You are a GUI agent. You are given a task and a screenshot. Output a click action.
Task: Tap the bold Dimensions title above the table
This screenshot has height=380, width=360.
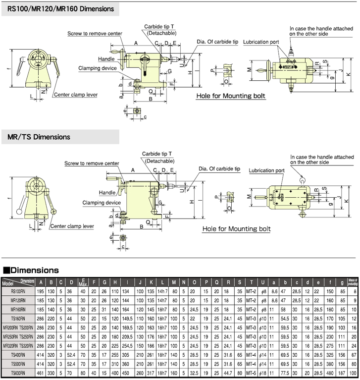pyautogui.click(x=35, y=271)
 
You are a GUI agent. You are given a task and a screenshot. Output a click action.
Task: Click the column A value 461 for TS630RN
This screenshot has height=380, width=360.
pyautogui.click(x=41, y=372)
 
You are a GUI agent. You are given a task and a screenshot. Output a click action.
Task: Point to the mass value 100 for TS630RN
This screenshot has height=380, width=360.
pyautogui.click(x=353, y=372)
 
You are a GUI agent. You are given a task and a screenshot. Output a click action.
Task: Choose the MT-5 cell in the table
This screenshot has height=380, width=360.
pyautogui.click(x=252, y=372)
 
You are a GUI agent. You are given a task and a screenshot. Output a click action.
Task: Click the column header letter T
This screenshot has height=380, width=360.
pyautogui.click(x=252, y=282)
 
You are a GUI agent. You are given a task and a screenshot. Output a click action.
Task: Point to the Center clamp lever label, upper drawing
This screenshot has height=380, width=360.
pyautogui.click(x=76, y=94)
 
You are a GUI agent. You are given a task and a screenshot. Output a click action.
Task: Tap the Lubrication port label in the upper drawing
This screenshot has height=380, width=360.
pyautogui.click(x=261, y=43)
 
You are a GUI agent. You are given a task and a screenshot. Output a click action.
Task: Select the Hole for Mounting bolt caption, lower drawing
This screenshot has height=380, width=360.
pyautogui.click(x=236, y=229)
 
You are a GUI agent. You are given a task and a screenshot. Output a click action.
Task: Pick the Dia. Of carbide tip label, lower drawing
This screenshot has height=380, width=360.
pyautogui.click(x=219, y=169)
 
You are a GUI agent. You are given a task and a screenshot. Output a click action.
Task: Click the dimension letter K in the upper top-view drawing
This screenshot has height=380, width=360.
pyautogui.click(x=350, y=74)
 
